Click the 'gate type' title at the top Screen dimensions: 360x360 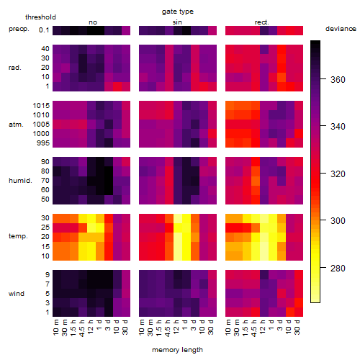pyautogui.click(x=178, y=12)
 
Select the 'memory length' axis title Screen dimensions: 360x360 pyautogui.click(x=177, y=350)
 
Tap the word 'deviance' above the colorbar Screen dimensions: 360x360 pyautogui.click(x=341, y=29)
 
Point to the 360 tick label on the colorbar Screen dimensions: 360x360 pyautogui.click(x=338, y=79)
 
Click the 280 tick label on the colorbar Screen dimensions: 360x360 pyautogui.click(x=338, y=268)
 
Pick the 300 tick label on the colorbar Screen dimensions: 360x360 pyautogui.click(x=338, y=220)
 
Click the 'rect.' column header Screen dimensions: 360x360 pyautogui.click(x=261, y=22)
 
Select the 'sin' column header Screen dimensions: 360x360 pyautogui.click(x=177, y=22)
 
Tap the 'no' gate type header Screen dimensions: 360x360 pyautogui.click(x=93, y=22)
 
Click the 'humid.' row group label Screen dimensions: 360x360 pyautogui.click(x=20, y=181)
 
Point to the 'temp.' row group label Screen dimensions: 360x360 pyautogui.click(x=18, y=236)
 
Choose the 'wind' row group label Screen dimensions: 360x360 pyautogui.click(x=17, y=294)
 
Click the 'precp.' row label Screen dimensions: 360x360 pyautogui.click(x=19, y=29)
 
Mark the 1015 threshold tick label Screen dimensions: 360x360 pyautogui.click(x=41, y=105)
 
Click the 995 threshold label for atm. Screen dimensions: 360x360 pyautogui.click(x=43, y=143)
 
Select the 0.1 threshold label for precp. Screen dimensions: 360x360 pyautogui.click(x=44, y=30)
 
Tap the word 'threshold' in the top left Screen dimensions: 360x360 pyautogui.click(x=40, y=17)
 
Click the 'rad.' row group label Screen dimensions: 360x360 pyautogui.click(x=15, y=68)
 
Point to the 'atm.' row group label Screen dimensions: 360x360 pyautogui.click(x=16, y=125)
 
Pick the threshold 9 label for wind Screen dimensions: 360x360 pyautogui.click(x=48, y=275)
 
